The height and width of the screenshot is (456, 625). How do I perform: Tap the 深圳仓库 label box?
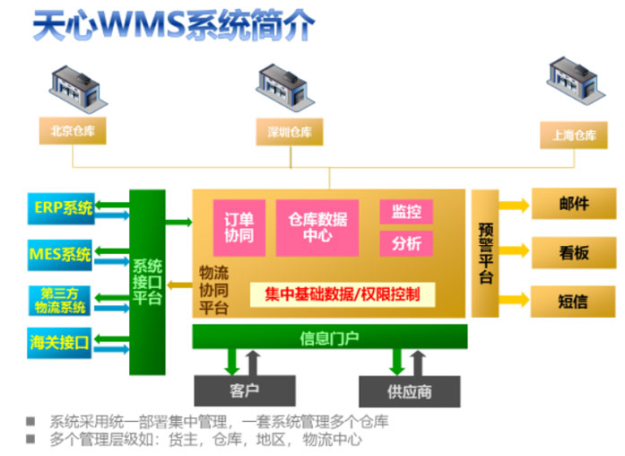pos(290,132)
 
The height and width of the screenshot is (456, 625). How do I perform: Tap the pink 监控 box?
pos(406,212)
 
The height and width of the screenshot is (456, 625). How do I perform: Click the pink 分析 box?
pos(406,243)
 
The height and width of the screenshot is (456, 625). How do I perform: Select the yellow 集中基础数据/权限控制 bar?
pos(337,294)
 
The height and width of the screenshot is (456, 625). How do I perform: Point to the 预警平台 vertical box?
pos(484,253)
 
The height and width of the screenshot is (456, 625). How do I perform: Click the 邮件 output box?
pos(574,204)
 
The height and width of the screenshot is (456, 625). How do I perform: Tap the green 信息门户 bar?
pos(329,338)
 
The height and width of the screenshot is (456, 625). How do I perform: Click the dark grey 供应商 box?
pos(409,391)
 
